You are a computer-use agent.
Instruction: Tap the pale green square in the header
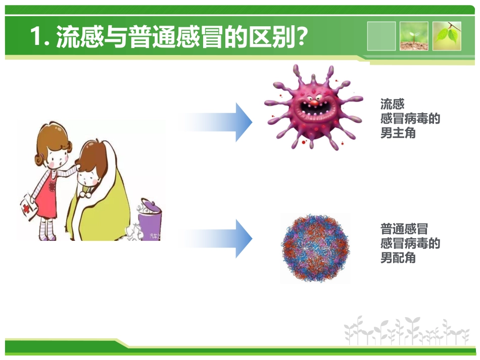(381, 36)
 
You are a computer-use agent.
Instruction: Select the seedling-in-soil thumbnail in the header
(414, 36)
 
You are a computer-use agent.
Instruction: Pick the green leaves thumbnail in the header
(447, 36)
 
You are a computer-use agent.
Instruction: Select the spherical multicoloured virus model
(315, 247)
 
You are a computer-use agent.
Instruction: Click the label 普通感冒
(404, 229)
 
